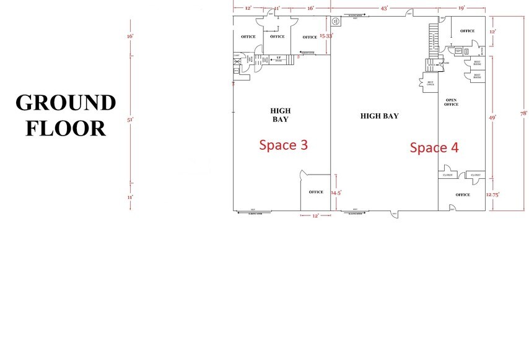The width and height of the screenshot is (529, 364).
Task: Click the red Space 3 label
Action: coord(283,145)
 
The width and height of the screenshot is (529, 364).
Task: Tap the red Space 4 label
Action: coord(434,147)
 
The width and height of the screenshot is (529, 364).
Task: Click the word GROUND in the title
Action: coord(66,103)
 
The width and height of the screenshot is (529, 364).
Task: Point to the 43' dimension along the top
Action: coord(384,8)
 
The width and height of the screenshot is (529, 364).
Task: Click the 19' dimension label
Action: coord(461,8)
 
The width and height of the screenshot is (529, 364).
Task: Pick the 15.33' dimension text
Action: coord(326,36)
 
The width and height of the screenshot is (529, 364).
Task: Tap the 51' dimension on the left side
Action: coord(130,120)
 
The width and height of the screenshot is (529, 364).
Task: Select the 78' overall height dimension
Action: coord(523,113)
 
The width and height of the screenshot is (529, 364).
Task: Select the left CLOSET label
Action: coord(447,175)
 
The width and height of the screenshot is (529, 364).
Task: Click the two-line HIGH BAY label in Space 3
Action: coord(280,115)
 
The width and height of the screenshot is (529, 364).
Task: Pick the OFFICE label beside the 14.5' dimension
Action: coord(316,192)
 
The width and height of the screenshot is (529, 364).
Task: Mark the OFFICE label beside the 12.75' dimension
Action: coord(463,194)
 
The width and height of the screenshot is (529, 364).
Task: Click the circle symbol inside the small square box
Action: coord(335,20)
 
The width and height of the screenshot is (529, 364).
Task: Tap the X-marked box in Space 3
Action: coord(237,62)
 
